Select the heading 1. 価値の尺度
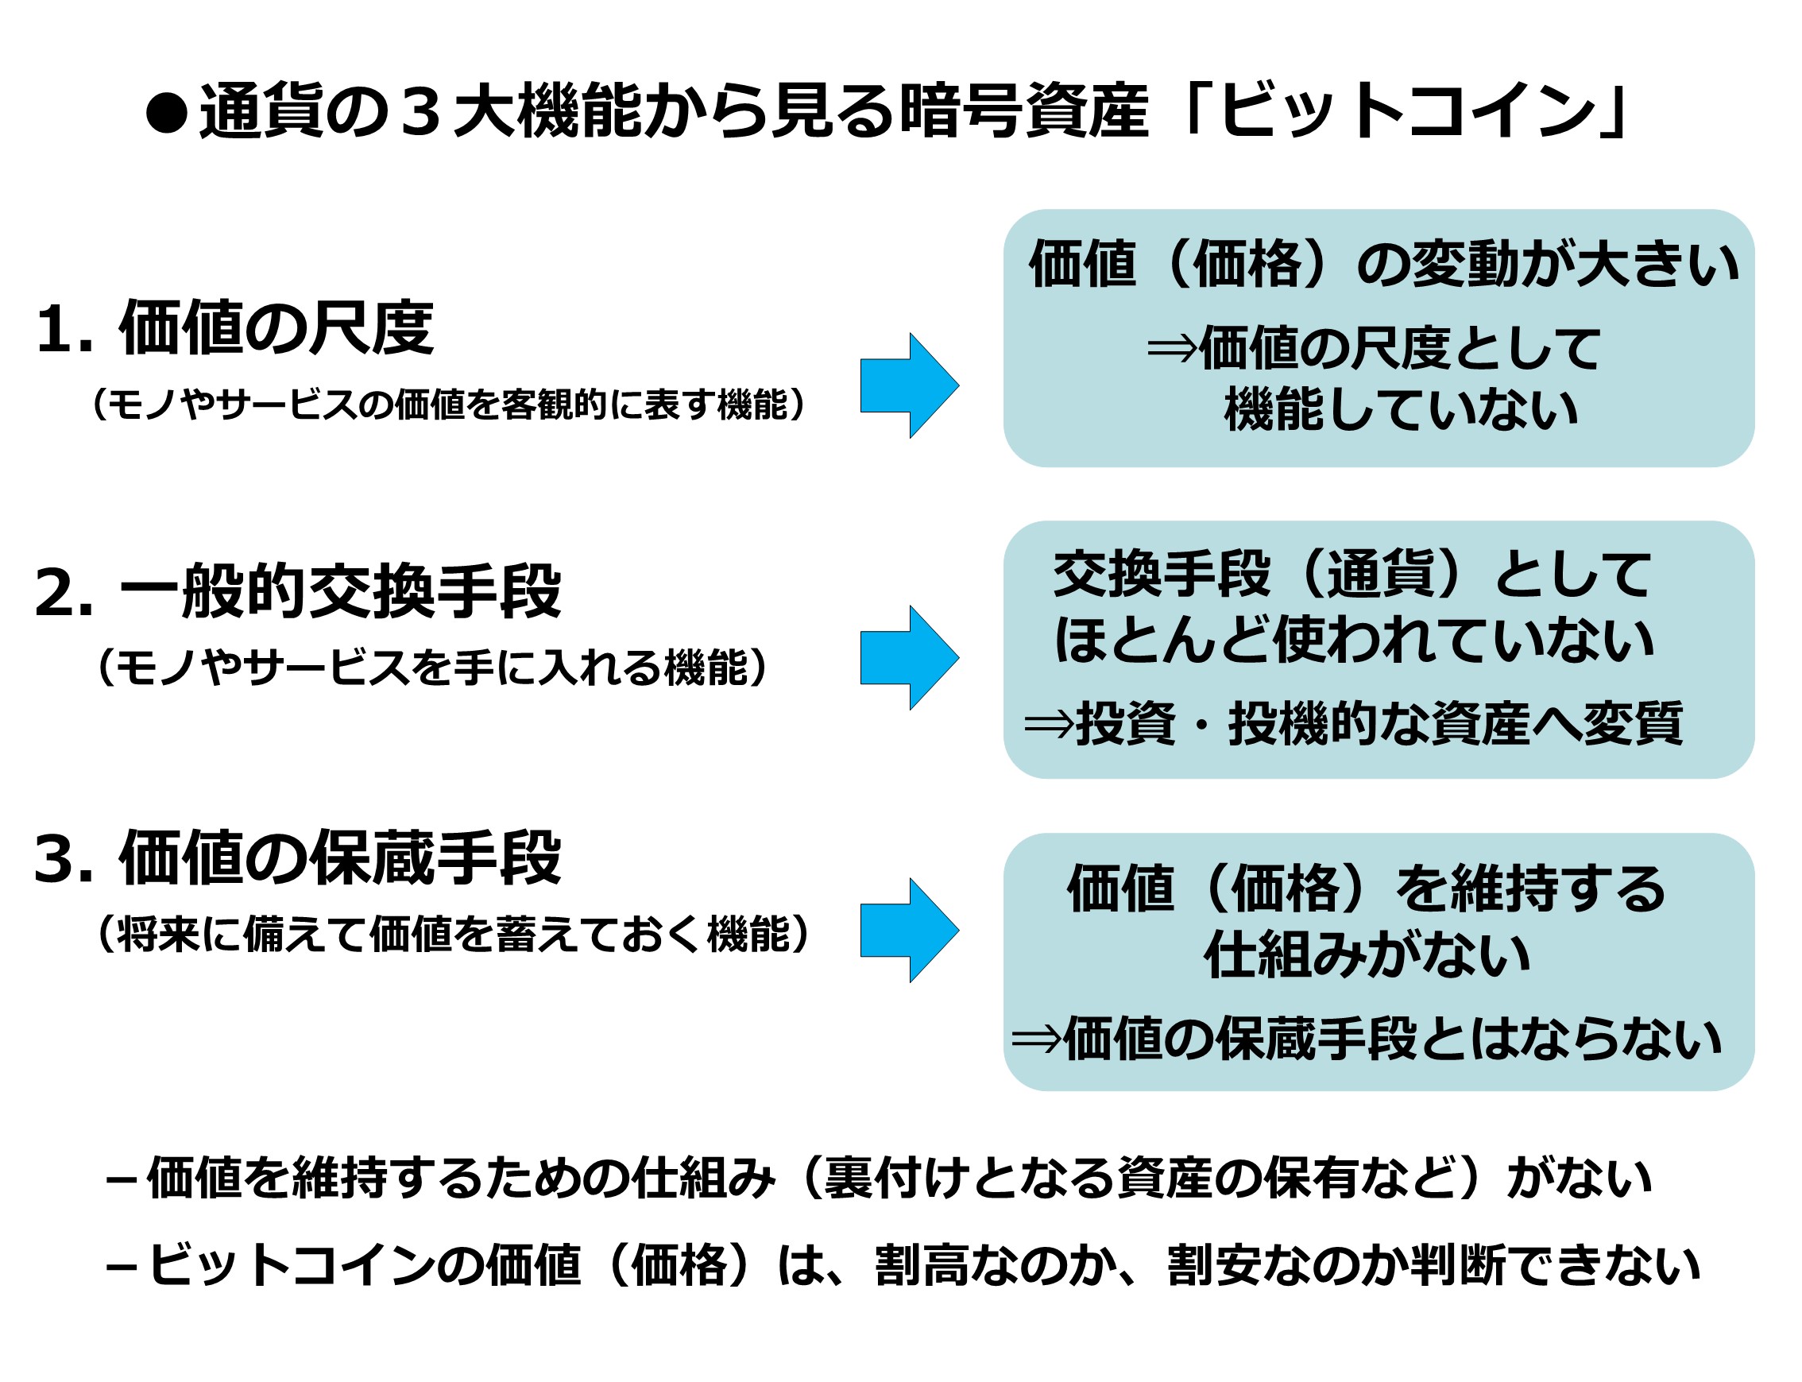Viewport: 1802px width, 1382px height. [234, 328]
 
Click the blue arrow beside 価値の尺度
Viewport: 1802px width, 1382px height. [909, 385]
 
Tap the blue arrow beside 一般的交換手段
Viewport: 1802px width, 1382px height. [909, 657]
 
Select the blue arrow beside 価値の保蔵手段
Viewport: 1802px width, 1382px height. [909, 930]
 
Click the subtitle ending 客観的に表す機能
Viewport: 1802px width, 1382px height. [448, 404]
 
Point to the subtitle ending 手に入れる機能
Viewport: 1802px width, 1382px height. [431, 666]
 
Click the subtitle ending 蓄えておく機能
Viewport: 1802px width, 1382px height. [452, 934]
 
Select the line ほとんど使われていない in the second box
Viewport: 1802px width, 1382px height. [1353, 639]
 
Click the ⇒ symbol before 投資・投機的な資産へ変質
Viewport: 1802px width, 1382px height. [1049, 724]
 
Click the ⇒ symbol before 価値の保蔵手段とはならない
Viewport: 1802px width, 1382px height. [1036, 1038]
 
